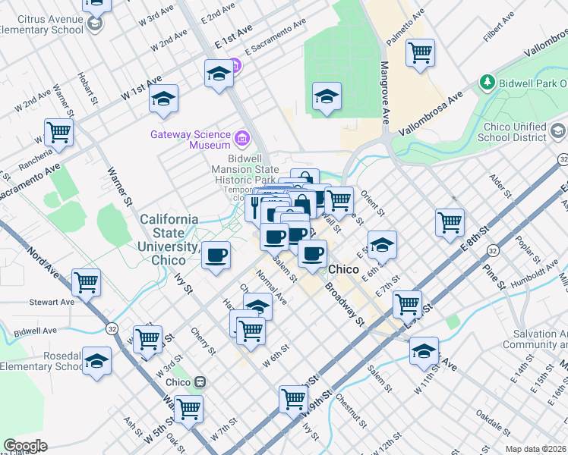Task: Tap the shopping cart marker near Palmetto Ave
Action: [x=420, y=53]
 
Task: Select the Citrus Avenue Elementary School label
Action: [x=42, y=24]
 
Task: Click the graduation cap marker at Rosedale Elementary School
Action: [x=96, y=362]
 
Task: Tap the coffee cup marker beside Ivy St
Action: [x=216, y=255]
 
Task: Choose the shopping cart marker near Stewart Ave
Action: [x=87, y=283]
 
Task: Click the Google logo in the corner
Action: [x=25, y=446]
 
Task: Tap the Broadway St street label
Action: [x=346, y=304]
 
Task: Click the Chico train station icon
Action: [x=200, y=381]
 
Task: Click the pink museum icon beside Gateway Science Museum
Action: [x=242, y=137]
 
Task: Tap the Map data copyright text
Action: [x=536, y=449]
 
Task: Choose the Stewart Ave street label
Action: [x=52, y=302]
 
